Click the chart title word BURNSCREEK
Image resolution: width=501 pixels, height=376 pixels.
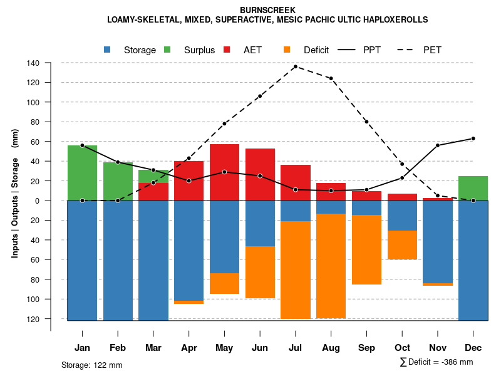click(267, 10)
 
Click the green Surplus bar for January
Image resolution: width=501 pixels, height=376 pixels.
click(82, 173)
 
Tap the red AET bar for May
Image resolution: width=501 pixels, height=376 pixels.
click(224, 172)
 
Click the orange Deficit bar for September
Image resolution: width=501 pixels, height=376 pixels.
click(366, 249)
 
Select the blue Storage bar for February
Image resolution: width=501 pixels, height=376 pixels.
click(118, 260)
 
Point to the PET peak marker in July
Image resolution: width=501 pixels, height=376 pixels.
click(295, 66)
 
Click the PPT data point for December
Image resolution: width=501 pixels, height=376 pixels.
click(473, 138)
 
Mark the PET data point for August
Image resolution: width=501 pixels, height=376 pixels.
click(331, 78)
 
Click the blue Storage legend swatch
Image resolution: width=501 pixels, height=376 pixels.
click(108, 50)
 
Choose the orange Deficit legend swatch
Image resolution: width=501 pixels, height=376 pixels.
click(287, 50)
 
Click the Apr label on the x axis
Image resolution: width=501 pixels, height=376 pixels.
click(189, 348)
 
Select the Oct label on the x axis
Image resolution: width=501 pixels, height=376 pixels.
click(402, 348)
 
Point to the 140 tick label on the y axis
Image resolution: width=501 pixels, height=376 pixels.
click(33, 63)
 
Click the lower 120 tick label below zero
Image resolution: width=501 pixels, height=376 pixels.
click(33, 319)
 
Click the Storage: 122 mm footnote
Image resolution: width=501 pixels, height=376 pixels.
click(91, 365)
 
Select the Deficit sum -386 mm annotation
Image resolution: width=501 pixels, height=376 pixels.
click(436, 362)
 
